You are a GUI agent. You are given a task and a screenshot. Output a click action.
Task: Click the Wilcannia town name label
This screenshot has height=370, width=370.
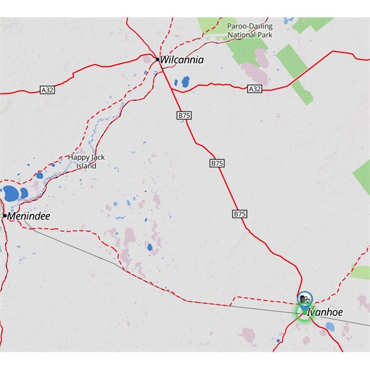click(x=181, y=60)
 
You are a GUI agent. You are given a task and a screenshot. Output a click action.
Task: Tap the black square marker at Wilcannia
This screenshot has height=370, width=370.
click(x=157, y=60)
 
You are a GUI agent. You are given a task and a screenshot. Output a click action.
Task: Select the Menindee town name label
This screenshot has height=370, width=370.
click(x=29, y=216)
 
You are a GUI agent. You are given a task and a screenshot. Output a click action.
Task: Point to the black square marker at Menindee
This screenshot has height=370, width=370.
click(x=4, y=216)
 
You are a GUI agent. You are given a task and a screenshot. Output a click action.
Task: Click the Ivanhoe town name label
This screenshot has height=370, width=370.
click(x=324, y=313)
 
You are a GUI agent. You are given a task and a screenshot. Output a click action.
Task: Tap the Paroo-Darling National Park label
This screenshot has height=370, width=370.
click(x=250, y=31)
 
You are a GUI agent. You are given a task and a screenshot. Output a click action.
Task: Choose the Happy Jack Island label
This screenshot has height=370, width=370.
click(x=86, y=162)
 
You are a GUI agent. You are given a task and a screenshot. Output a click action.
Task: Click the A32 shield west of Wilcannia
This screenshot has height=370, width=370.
click(x=47, y=90)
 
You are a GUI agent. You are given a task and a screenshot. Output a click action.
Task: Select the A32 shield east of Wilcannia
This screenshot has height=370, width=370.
click(x=255, y=89)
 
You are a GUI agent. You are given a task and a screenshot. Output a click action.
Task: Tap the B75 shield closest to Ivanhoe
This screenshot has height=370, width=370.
click(x=240, y=213)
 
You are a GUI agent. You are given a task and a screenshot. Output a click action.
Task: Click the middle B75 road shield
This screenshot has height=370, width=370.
click(x=217, y=163)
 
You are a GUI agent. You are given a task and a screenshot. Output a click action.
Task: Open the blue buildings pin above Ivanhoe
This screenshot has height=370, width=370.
click(x=304, y=299)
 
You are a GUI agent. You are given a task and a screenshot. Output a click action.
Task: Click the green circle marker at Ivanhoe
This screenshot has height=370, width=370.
click(x=303, y=313)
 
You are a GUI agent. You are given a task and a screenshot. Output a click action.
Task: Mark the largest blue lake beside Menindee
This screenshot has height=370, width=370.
click(x=12, y=194)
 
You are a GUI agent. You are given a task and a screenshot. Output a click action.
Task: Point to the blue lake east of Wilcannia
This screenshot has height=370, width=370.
click(x=184, y=81)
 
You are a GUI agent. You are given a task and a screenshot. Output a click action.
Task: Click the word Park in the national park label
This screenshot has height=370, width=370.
click(x=263, y=35)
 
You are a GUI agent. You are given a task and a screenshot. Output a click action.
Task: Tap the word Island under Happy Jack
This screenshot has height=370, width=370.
click(x=86, y=166)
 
